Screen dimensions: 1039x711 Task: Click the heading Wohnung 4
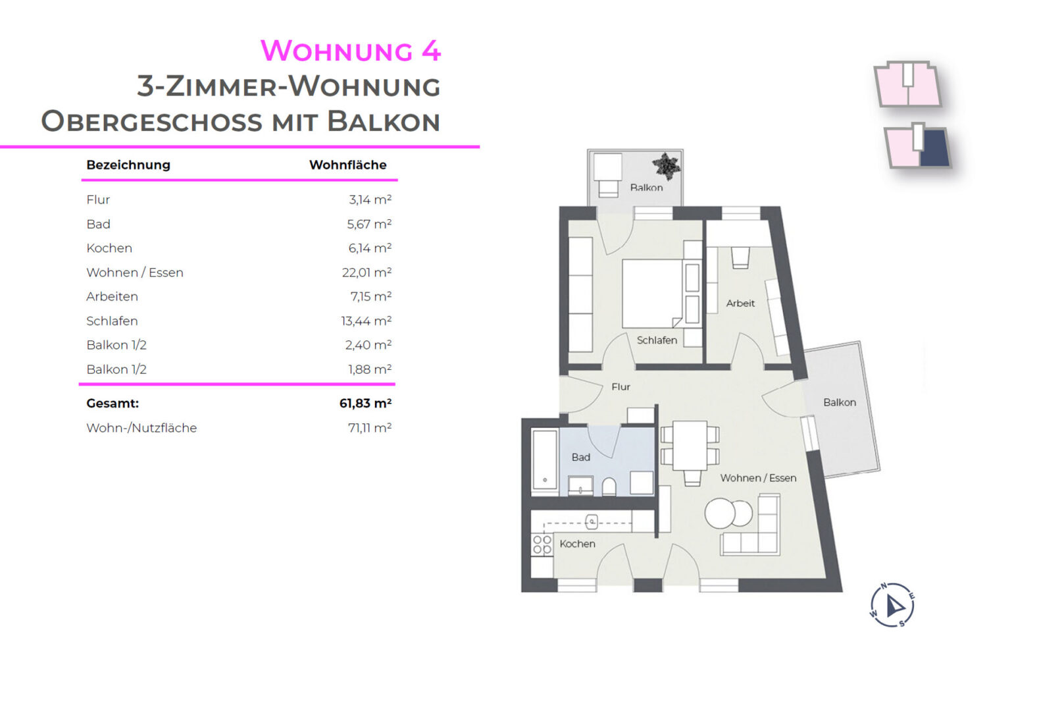pos(351,51)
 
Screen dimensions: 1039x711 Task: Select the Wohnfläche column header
pos(348,165)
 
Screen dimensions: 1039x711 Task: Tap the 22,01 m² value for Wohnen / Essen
pos(367,273)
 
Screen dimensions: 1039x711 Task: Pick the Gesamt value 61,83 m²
pos(365,404)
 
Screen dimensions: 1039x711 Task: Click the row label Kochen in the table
pos(109,248)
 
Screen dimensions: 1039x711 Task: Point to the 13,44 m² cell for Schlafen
pos(367,321)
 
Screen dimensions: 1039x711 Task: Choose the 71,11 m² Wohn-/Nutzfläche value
pos(370,427)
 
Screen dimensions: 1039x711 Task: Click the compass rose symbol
pos(892,605)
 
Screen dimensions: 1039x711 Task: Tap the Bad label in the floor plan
pos(581,457)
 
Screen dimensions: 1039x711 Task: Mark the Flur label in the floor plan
pos(621,386)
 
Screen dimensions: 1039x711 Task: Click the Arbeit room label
pos(740,303)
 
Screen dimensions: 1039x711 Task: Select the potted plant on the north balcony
pos(667,166)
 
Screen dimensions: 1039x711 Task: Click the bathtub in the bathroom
pos(545,460)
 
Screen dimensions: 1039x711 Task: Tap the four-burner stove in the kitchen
pos(542,545)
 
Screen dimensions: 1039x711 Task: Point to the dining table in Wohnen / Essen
pos(690,446)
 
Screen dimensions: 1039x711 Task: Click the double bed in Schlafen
pos(653,294)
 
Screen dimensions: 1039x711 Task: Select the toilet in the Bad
pos(609,487)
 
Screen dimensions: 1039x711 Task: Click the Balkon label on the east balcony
pos(840,402)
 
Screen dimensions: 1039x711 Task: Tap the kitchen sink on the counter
pos(592,522)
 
